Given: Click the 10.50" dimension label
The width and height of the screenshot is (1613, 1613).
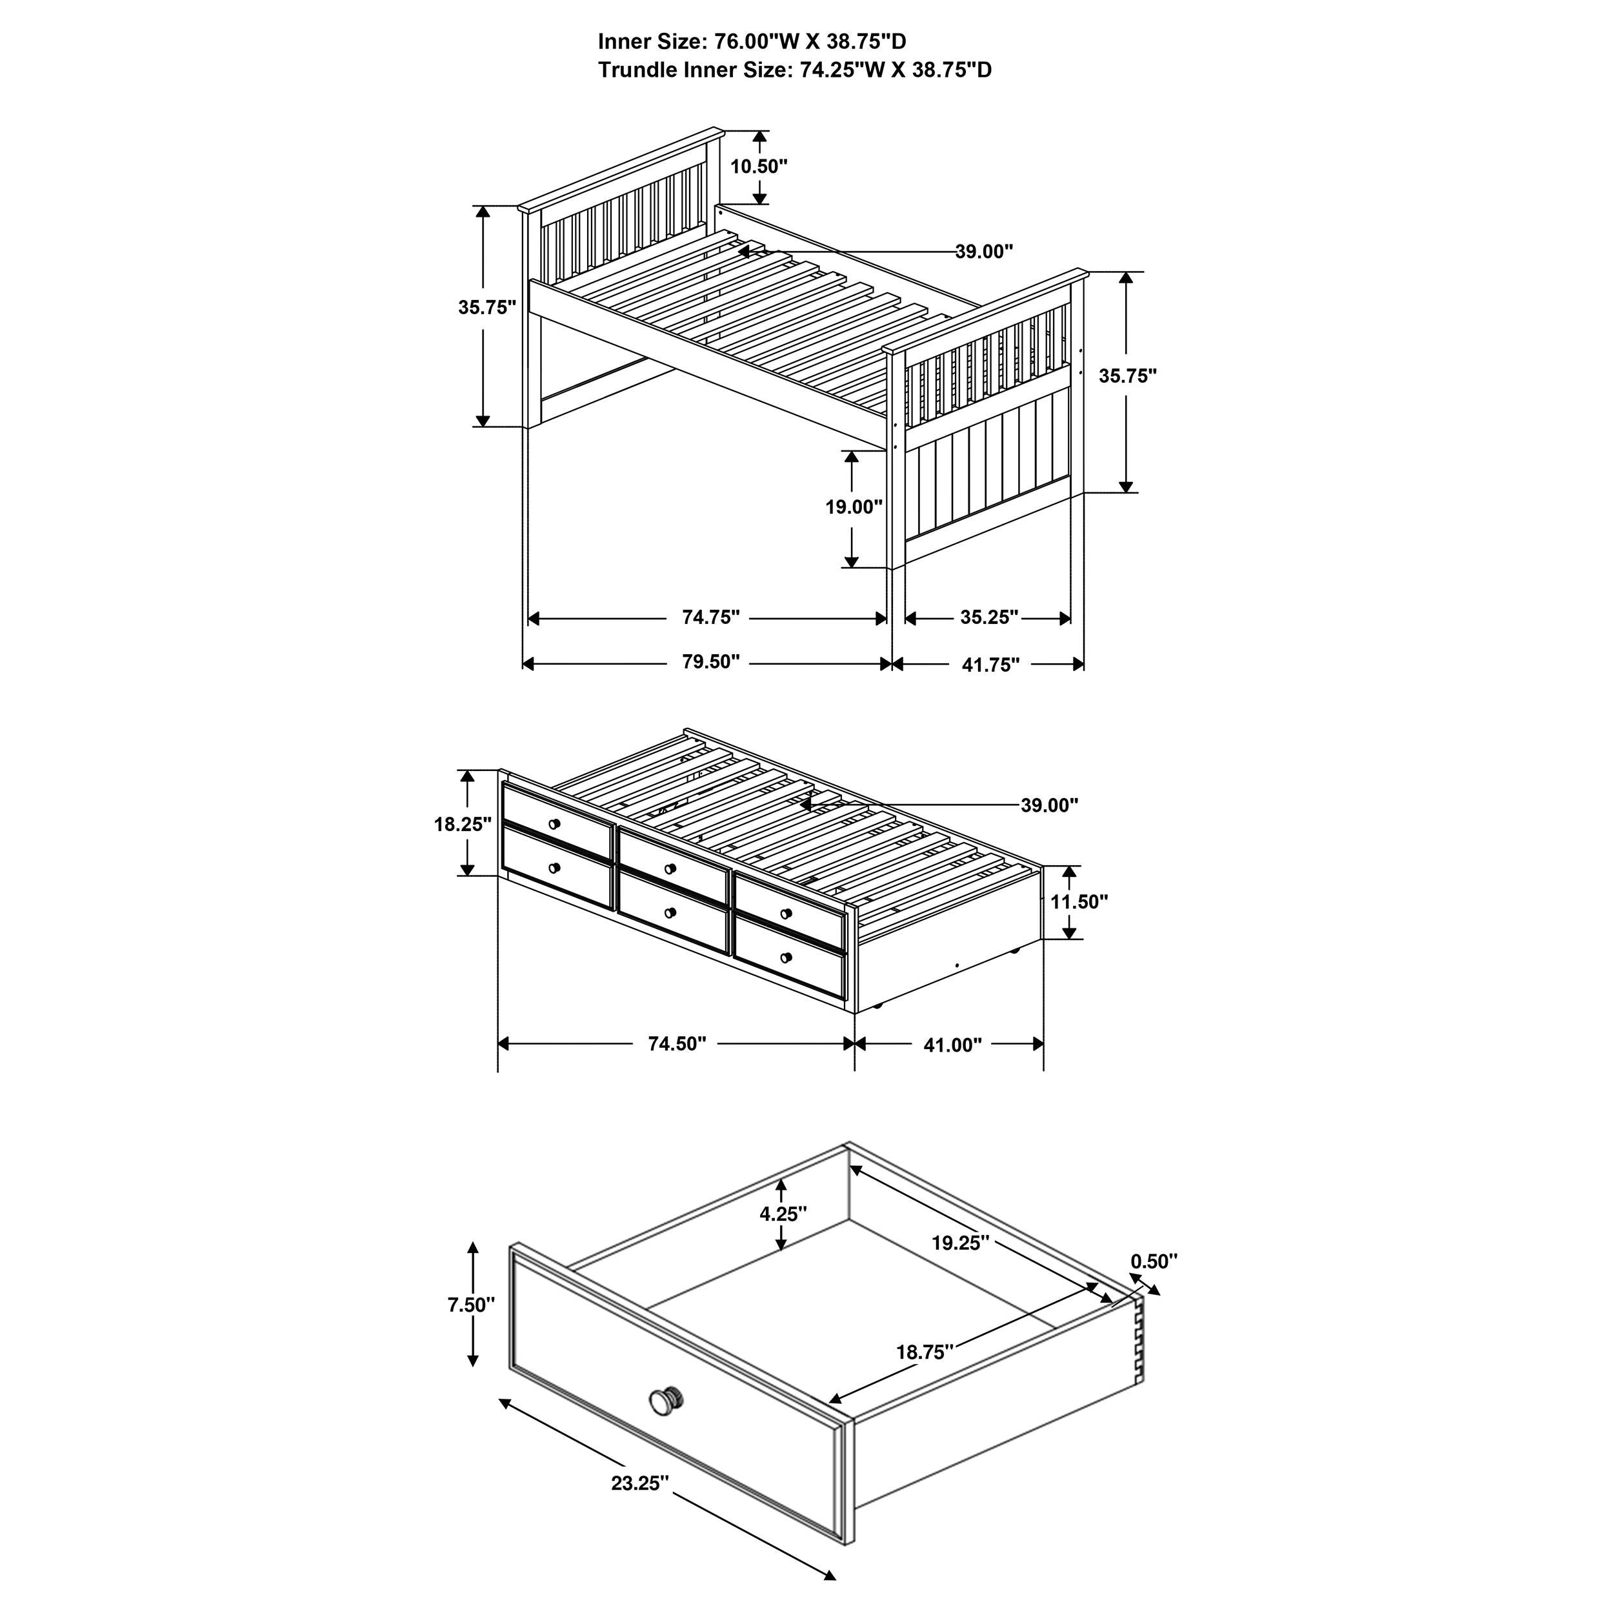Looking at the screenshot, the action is [x=759, y=166].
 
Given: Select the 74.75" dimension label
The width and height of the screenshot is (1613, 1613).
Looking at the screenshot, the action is [x=711, y=617].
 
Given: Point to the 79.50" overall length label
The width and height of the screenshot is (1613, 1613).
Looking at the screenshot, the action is [x=711, y=662].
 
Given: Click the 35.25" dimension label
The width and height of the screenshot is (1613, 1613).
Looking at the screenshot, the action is [x=989, y=617].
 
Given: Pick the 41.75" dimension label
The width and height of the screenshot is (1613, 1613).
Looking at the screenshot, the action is [x=991, y=665].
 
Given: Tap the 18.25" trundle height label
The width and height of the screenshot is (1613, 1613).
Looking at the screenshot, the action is [x=463, y=824].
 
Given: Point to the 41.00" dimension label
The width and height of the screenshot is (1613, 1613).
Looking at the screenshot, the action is [x=952, y=1045].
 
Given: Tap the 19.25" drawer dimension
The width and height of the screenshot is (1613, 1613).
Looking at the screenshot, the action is [x=961, y=1243].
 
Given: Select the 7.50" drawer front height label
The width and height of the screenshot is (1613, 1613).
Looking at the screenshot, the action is [x=472, y=1304].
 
